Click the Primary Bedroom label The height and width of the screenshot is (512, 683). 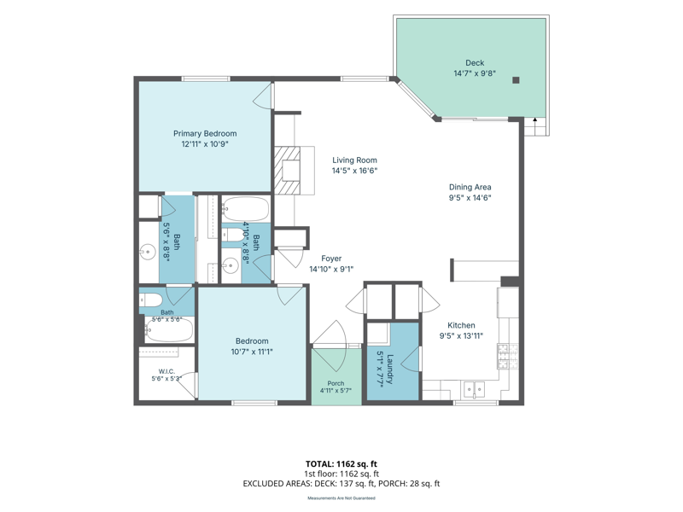point(205,134)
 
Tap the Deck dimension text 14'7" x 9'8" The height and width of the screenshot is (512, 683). point(475,73)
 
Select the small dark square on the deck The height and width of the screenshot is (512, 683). point(517,80)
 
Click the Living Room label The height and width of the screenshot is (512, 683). point(354,160)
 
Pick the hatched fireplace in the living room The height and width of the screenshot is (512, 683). point(288,170)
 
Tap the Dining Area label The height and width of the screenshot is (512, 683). point(470,187)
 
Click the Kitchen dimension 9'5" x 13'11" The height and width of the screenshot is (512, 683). point(461,335)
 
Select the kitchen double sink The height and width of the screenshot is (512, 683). point(474,388)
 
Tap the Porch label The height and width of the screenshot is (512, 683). point(336,383)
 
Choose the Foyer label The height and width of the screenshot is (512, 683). point(331,259)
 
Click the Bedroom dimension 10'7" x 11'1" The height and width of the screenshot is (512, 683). point(252,352)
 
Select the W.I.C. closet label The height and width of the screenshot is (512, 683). point(166,371)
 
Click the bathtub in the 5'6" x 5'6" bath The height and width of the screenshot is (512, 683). point(169,330)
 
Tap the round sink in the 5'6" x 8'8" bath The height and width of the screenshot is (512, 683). point(148,252)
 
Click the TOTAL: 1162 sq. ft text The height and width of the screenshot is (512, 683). point(341,464)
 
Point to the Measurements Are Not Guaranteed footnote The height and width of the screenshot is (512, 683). point(341,498)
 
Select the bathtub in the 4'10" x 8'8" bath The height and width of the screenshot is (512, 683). point(246,209)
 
